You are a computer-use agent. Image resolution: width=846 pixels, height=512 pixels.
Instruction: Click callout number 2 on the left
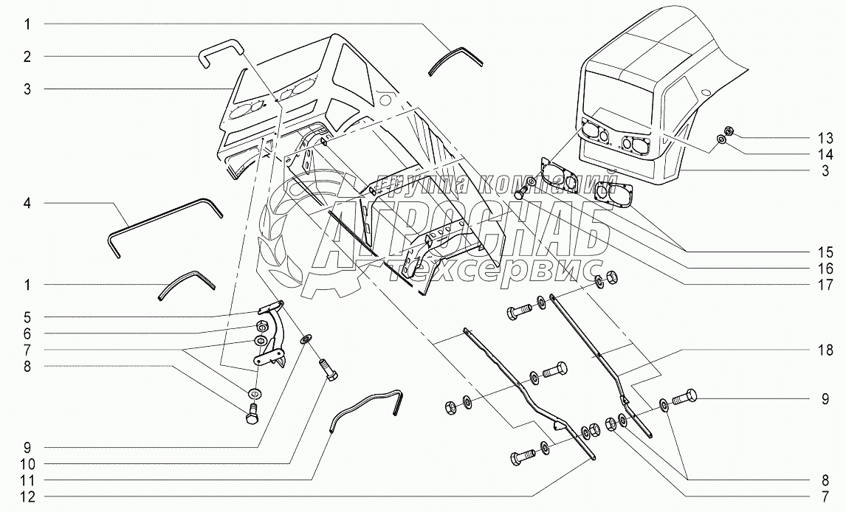(x=27, y=56)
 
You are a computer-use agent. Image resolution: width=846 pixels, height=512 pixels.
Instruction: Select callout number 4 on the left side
(x=27, y=202)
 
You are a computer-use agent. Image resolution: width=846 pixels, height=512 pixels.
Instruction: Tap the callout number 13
(x=825, y=138)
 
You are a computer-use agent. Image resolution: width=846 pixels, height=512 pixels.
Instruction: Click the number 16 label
(x=825, y=269)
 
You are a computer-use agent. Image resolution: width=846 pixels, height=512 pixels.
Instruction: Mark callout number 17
(x=825, y=285)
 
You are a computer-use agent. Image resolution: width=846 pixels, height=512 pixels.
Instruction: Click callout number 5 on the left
(x=27, y=318)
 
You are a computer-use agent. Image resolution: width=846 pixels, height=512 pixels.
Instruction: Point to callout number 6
(x=27, y=333)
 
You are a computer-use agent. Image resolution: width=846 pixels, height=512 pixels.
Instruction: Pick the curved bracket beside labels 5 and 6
(x=272, y=336)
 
